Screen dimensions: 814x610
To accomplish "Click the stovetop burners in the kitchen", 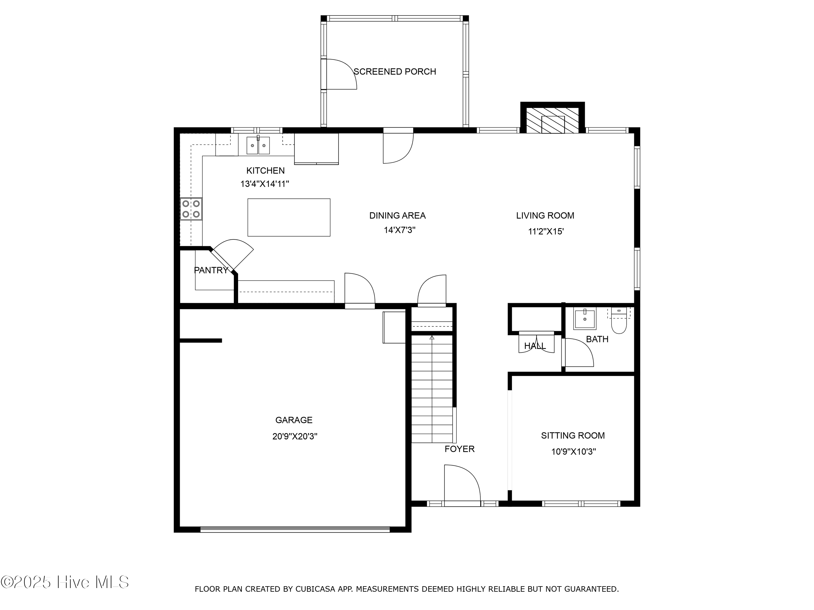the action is point(191,209).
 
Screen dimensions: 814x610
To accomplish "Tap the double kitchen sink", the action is point(258,145).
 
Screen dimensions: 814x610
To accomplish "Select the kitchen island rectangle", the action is point(289,217).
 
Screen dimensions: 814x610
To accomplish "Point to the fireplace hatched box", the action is point(553,120).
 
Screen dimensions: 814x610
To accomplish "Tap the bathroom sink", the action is point(585,319).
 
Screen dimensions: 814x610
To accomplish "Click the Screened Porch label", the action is point(395,71).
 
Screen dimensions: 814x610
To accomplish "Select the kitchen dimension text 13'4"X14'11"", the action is point(265,184).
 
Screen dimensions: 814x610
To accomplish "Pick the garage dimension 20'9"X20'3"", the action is point(295,436).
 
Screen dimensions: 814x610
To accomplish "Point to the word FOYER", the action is point(460,449).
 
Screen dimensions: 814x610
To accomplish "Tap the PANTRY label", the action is point(211,270).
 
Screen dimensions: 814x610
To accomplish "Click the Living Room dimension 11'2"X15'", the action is point(546,231).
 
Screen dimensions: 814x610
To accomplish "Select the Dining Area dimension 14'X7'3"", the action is point(400,230).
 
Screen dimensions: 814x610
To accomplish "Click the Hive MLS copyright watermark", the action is point(65,582).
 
